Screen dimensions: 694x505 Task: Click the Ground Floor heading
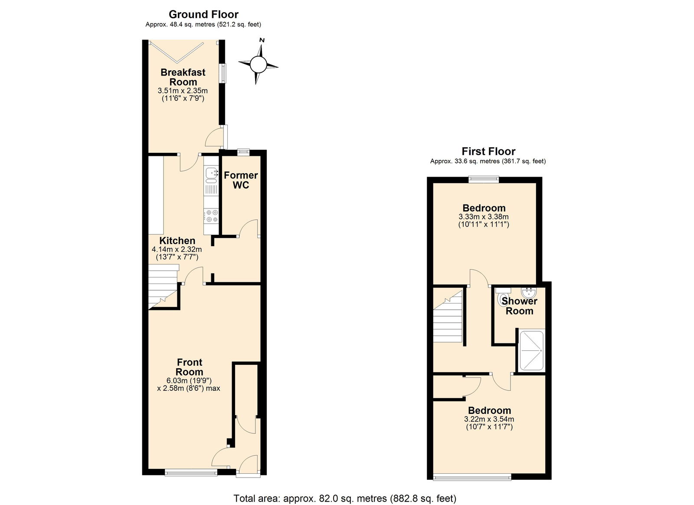point(203,15)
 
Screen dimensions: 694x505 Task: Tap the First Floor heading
point(488,152)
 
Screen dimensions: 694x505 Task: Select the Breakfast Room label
point(183,77)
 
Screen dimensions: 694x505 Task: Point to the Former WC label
point(241,180)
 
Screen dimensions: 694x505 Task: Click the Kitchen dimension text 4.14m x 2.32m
point(177,249)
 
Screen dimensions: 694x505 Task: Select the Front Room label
point(189,367)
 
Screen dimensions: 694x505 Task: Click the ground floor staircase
point(163,287)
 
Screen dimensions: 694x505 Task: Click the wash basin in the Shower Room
point(529,293)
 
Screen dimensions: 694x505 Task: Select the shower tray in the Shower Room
point(532,350)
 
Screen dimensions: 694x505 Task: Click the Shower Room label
point(519,306)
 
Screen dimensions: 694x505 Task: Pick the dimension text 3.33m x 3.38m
point(484,217)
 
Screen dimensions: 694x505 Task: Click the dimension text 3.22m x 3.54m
point(489,419)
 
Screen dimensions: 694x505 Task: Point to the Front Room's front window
point(191,472)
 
